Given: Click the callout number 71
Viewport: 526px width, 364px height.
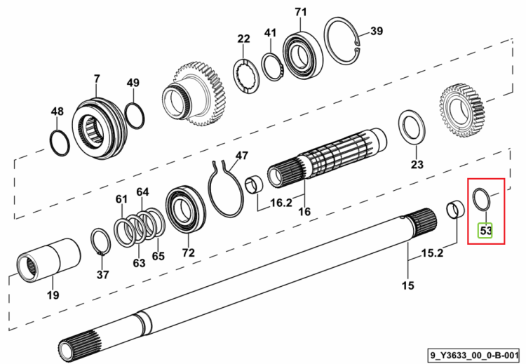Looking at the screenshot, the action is click(301, 12).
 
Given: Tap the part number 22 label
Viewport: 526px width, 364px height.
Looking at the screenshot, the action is click(243, 39).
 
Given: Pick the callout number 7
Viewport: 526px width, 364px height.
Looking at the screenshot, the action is click(97, 79).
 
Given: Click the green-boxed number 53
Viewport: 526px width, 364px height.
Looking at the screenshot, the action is click(485, 231).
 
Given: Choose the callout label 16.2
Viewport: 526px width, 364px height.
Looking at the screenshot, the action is click(281, 203).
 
